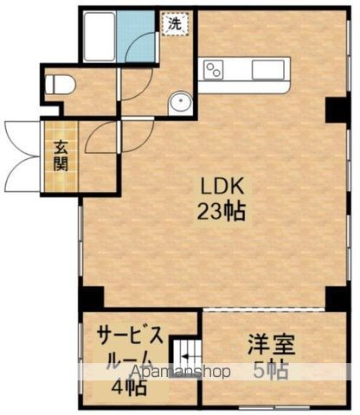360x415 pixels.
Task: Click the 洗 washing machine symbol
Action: pyautogui.click(x=174, y=23)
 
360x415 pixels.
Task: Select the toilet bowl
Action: pyautogui.click(x=61, y=85)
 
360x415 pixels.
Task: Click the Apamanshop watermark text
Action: pyautogui.click(x=156, y=373)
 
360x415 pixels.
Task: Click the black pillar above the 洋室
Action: pyautogui.click(x=335, y=297)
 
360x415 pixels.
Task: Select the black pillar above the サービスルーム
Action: pyautogui.click(x=91, y=297)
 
